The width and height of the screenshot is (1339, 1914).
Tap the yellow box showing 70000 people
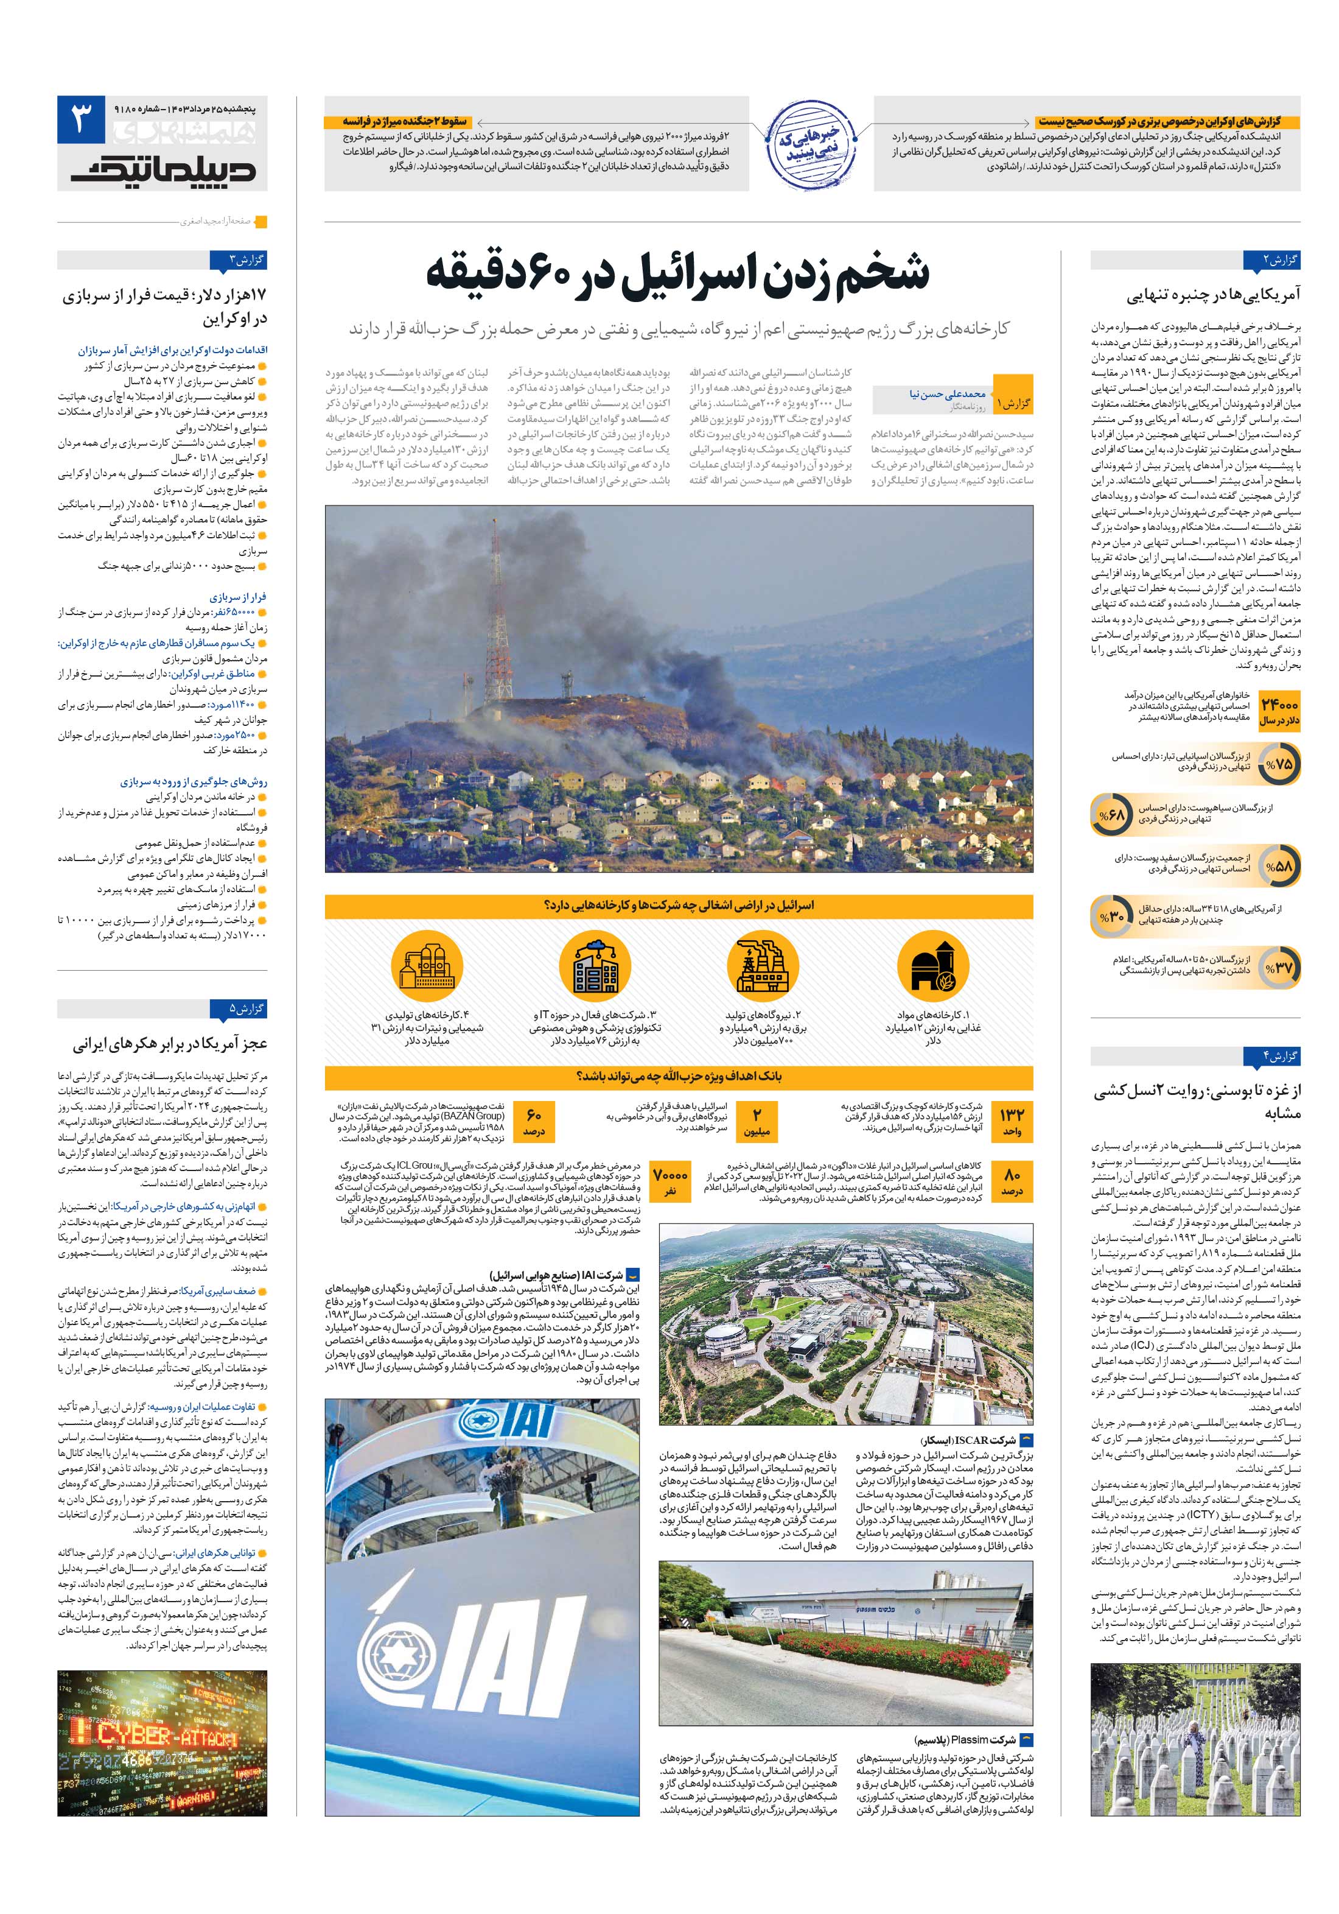click(x=670, y=1180)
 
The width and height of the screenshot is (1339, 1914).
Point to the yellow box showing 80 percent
click(x=1012, y=1180)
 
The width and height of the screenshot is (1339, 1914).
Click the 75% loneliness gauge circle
click(x=1278, y=764)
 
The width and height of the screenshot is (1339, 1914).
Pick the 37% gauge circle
click(x=1278, y=967)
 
